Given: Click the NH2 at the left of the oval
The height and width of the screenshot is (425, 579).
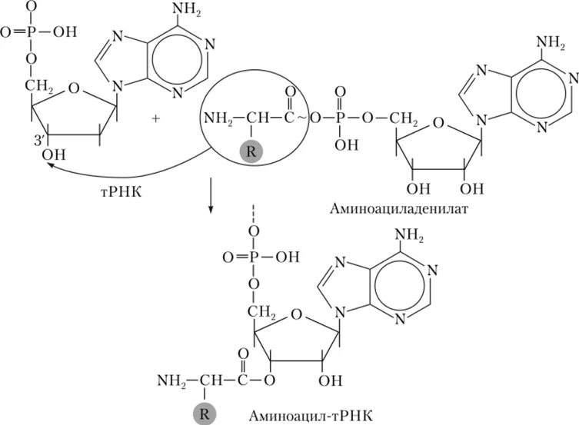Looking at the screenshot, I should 218,119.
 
